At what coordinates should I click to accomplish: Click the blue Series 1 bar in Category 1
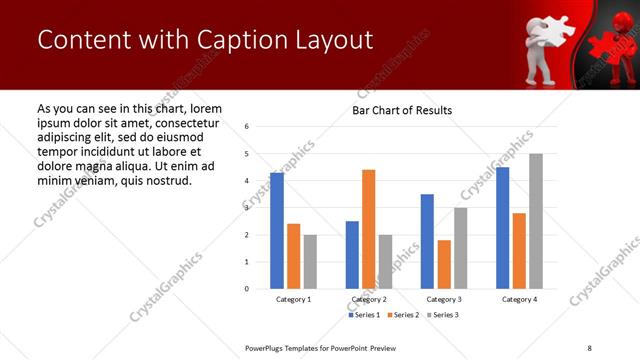coord(277,231)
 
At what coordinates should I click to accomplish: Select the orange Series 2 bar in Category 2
coord(368,229)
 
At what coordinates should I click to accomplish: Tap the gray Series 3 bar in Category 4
coord(536,221)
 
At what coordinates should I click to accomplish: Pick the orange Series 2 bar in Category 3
coord(444,264)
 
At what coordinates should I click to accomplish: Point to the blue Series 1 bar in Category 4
coord(502,228)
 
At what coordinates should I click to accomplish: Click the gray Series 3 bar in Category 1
coord(310,262)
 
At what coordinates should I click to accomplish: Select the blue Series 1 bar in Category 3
coord(427,241)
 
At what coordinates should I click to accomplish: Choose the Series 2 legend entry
coord(401,315)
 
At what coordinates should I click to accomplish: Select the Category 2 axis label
coord(369,299)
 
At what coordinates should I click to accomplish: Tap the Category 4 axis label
coord(519,299)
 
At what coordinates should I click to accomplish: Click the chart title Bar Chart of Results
coord(402,110)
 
